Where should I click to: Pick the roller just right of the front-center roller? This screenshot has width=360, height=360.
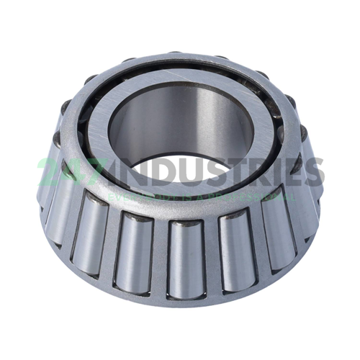pos(234,248)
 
